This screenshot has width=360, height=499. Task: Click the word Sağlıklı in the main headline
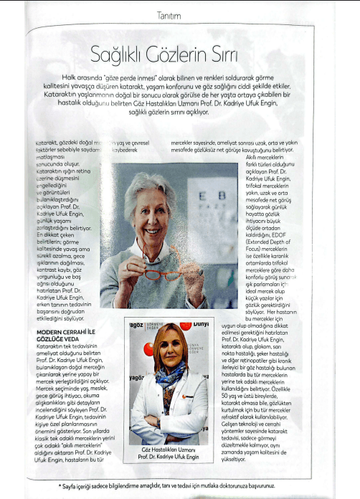click(x=120, y=54)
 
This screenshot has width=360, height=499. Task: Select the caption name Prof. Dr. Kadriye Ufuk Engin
click(x=170, y=457)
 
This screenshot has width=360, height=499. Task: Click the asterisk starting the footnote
click(x=60, y=485)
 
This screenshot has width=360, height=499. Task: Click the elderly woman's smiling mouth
click(x=154, y=231)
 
